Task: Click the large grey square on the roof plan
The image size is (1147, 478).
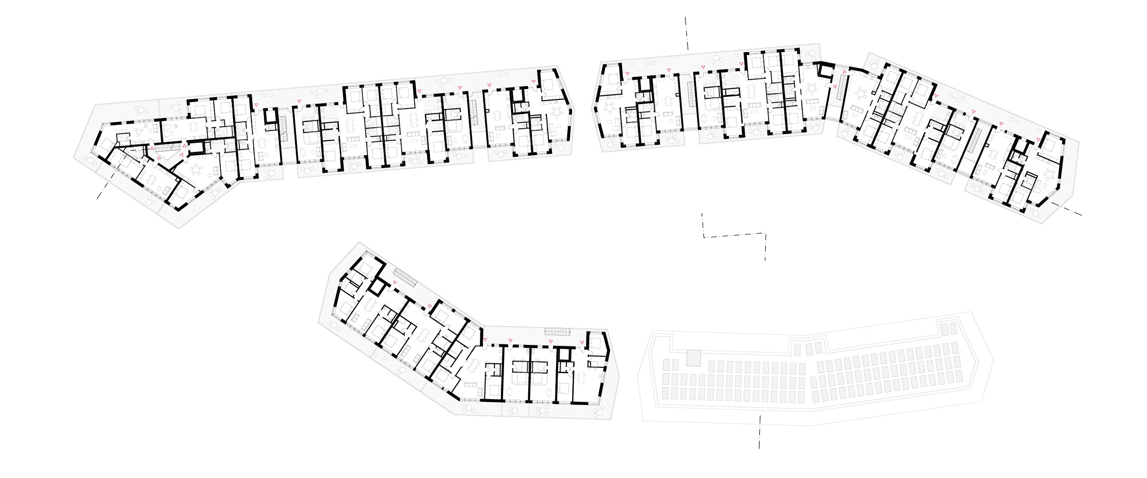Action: point(693,358)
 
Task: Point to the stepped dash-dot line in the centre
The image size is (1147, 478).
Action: point(735,235)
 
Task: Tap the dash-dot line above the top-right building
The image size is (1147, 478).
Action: point(686,33)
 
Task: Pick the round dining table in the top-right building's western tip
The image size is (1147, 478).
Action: point(610,107)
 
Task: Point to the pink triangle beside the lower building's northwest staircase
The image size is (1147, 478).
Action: point(395,282)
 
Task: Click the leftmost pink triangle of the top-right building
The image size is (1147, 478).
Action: point(626,73)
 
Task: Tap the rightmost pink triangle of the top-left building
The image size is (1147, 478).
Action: point(534,82)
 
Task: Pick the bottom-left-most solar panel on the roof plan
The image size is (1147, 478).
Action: point(666,393)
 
